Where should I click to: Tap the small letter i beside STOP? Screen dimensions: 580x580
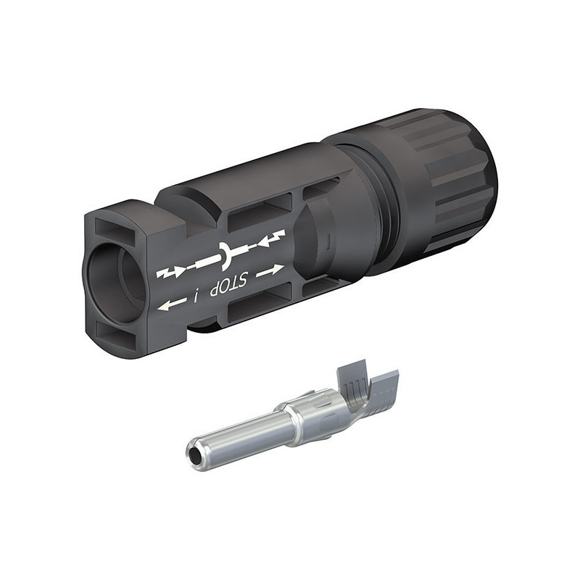coord(196,296)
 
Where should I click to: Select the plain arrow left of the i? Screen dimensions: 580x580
coord(172,303)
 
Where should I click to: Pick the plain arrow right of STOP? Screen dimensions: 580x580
coord(270,270)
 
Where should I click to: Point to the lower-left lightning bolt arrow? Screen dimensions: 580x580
coord(170,273)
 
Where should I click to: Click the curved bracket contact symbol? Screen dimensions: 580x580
coord(225,256)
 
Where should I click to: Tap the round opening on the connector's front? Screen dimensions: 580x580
coord(115,280)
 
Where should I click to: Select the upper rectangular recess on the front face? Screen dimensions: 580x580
coord(116,228)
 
